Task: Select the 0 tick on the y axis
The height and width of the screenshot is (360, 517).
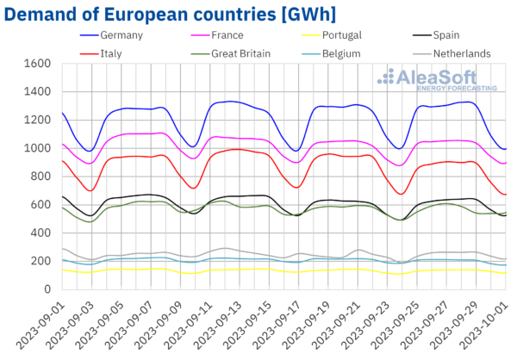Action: coord(46,289)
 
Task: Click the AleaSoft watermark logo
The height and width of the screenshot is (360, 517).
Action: coord(439,80)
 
